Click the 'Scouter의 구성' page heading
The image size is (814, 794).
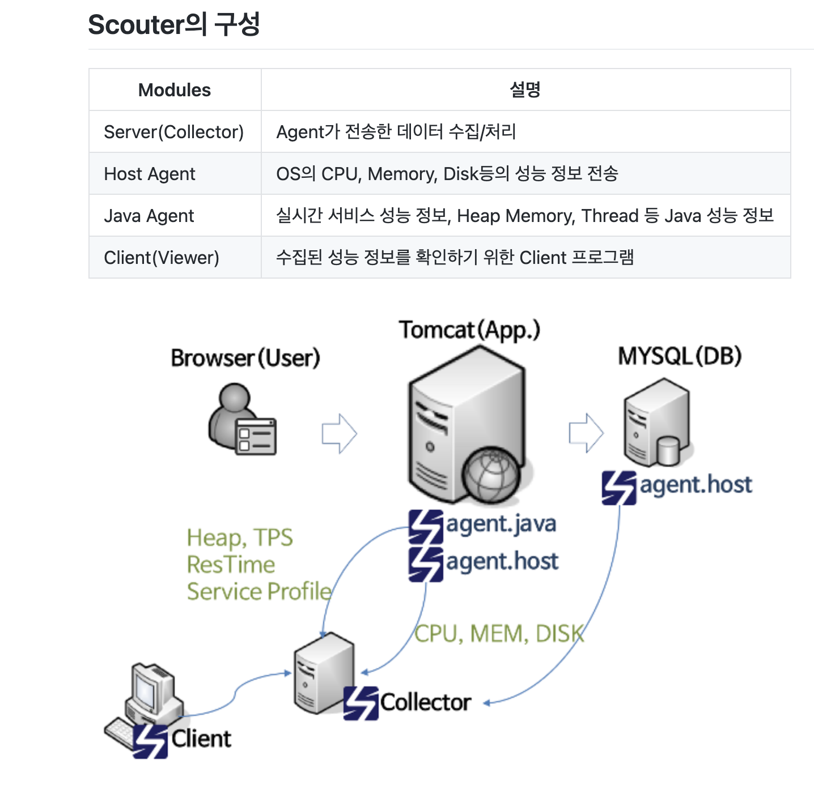point(174,25)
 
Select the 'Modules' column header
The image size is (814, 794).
point(175,90)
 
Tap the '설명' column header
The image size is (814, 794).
point(525,89)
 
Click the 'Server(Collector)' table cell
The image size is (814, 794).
point(173,132)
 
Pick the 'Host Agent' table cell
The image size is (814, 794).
point(150,174)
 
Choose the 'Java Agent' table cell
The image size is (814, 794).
point(149,216)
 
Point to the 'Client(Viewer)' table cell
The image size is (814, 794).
point(162,258)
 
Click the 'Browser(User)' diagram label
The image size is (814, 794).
point(245,358)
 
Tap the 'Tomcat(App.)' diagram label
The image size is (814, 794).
point(469,330)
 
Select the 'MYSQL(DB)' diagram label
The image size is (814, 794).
point(680,356)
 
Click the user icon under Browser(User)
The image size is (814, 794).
point(241,419)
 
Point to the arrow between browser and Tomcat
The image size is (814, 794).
point(339,434)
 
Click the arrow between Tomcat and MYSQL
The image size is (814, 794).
point(586,433)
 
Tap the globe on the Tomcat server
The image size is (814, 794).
point(491,475)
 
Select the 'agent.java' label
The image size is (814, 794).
point(501,524)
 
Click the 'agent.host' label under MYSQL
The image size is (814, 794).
point(696,485)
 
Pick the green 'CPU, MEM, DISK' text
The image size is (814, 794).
point(499,634)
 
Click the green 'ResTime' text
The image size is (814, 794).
point(231,565)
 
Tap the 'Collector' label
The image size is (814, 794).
point(425,702)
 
